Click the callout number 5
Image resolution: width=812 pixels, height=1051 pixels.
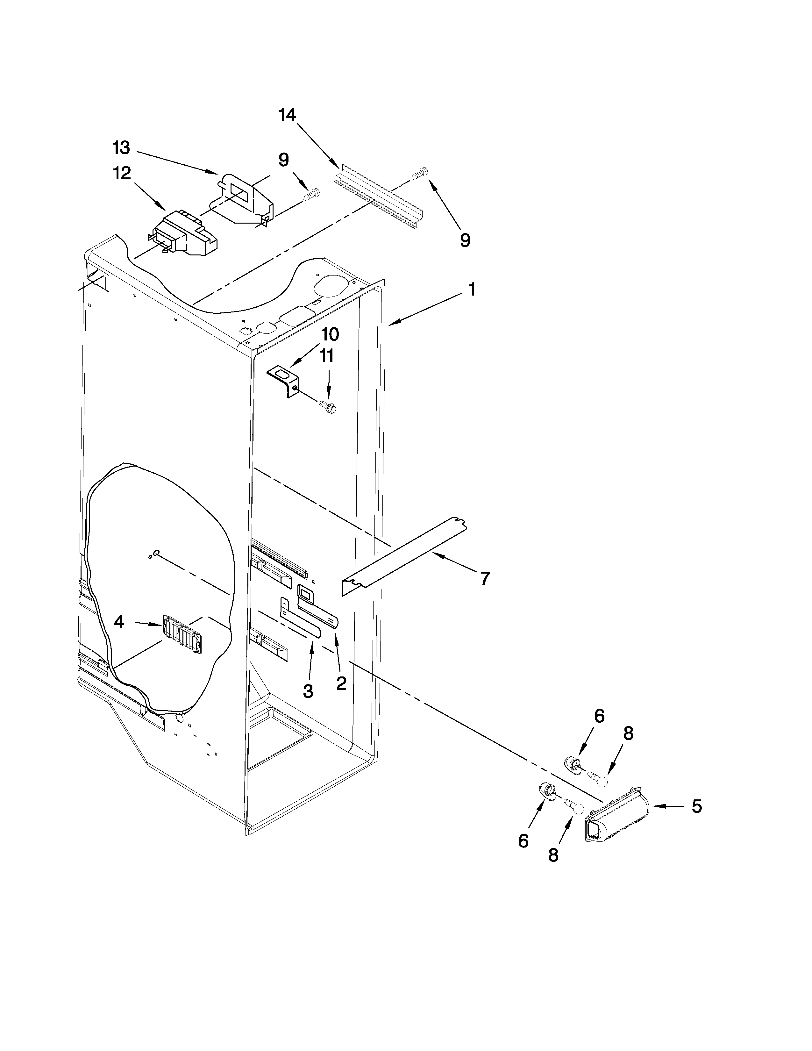coord(696,806)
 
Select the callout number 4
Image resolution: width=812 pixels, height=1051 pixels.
coord(119,622)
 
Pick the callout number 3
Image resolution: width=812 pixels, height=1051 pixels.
coord(308,691)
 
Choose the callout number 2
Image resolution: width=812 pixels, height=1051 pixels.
coord(341,683)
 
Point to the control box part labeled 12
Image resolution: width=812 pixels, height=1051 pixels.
coord(183,234)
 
